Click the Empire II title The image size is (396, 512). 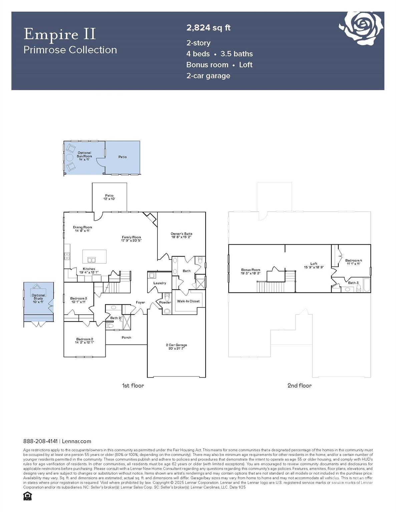[60, 34]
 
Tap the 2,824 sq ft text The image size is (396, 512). [208, 28]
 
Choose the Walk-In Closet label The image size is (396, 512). [188, 301]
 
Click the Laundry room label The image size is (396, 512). [159, 283]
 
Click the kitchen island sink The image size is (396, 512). [91, 260]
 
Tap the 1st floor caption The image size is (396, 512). [133, 386]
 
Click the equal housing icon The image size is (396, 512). [27, 496]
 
